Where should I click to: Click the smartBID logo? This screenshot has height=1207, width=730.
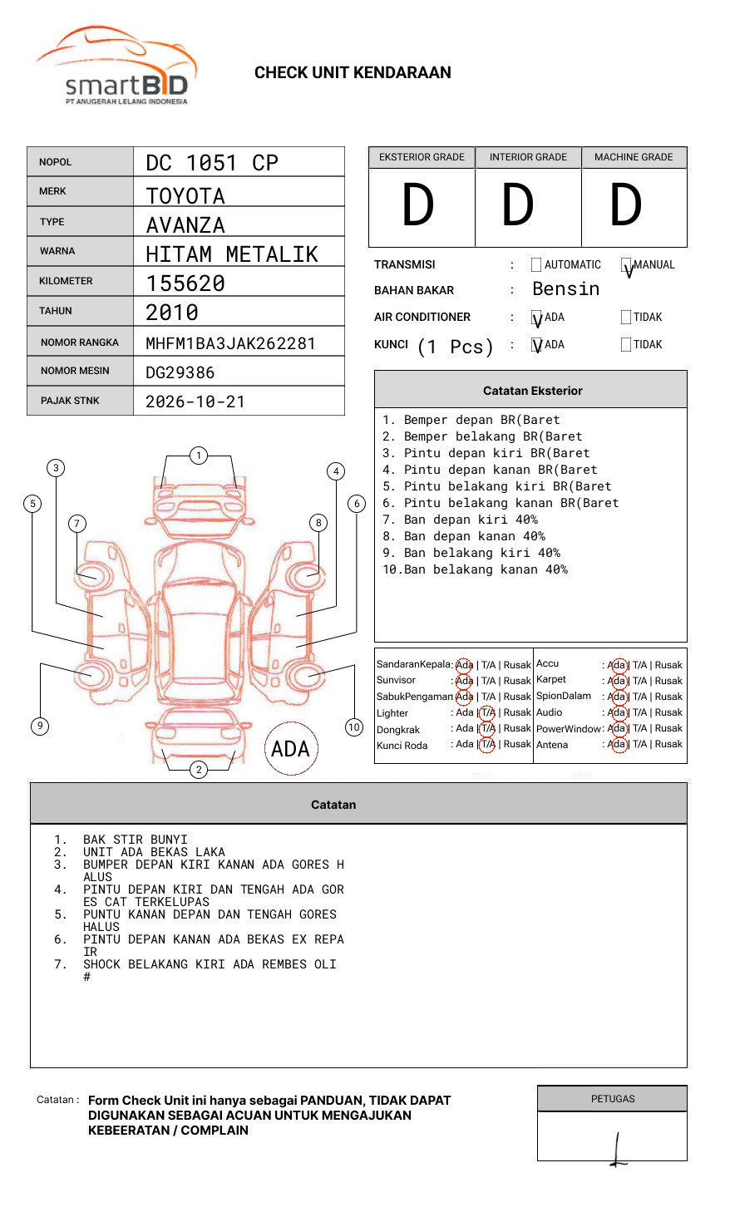[x=116, y=67]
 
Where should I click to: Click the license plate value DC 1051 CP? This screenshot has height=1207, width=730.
[x=212, y=163]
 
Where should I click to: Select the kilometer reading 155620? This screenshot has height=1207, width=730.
[x=185, y=283]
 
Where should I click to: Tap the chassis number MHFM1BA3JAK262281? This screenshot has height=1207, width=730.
[x=230, y=343]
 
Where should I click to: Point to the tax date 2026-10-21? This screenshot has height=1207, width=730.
[x=195, y=402]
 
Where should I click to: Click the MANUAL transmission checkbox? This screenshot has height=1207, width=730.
[x=627, y=265]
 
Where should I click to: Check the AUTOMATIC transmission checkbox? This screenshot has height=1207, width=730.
[x=536, y=265]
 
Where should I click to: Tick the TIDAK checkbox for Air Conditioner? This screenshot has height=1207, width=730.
[x=626, y=317]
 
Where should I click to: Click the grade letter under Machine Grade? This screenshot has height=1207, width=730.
[x=626, y=204]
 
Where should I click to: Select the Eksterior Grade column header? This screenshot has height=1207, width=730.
[x=422, y=157]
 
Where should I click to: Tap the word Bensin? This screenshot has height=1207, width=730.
[x=565, y=288]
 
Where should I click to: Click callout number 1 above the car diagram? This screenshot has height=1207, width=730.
[x=198, y=456]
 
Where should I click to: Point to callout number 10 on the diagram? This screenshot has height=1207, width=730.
[x=354, y=727]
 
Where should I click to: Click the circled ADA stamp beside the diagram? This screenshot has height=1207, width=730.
[x=291, y=748]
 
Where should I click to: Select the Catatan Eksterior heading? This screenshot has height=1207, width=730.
[x=532, y=391]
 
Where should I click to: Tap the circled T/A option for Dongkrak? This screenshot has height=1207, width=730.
[x=487, y=728]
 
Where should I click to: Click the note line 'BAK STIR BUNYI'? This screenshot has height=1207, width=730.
[x=136, y=840]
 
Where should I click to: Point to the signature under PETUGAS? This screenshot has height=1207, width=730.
[x=617, y=1150]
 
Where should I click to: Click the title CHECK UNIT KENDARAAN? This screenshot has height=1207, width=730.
[x=353, y=72]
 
